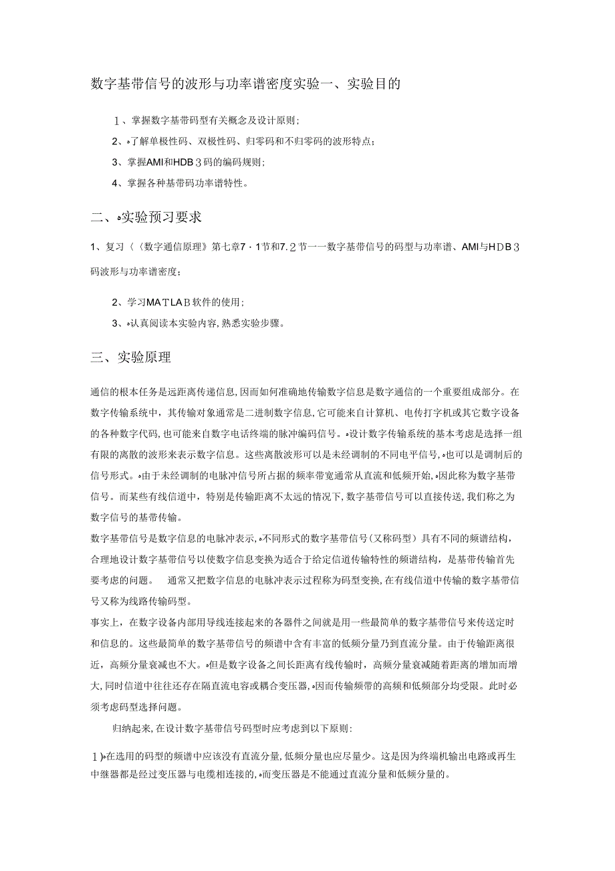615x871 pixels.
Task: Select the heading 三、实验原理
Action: point(131,358)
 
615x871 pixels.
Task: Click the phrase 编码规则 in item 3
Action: point(243,162)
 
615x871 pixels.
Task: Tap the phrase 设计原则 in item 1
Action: point(279,120)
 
